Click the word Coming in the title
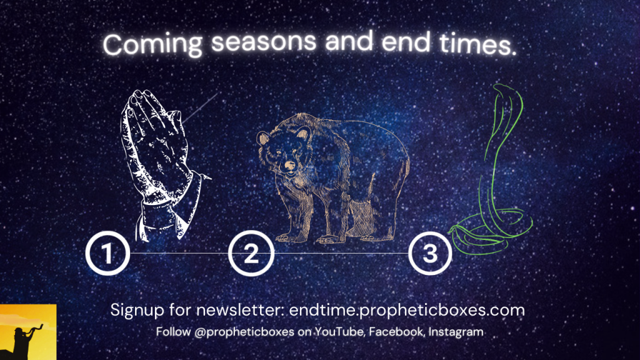click(x=152, y=44)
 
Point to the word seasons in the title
click(x=264, y=41)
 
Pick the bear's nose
click(x=290, y=165)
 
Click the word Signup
click(x=137, y=311)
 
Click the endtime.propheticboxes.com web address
click(x=407, y=311)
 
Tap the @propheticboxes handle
click(x=244, y=332)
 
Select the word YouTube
click(x=340, y=332)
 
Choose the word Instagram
click(x=456, y=332)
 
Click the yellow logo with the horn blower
click(x=28, y=332)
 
